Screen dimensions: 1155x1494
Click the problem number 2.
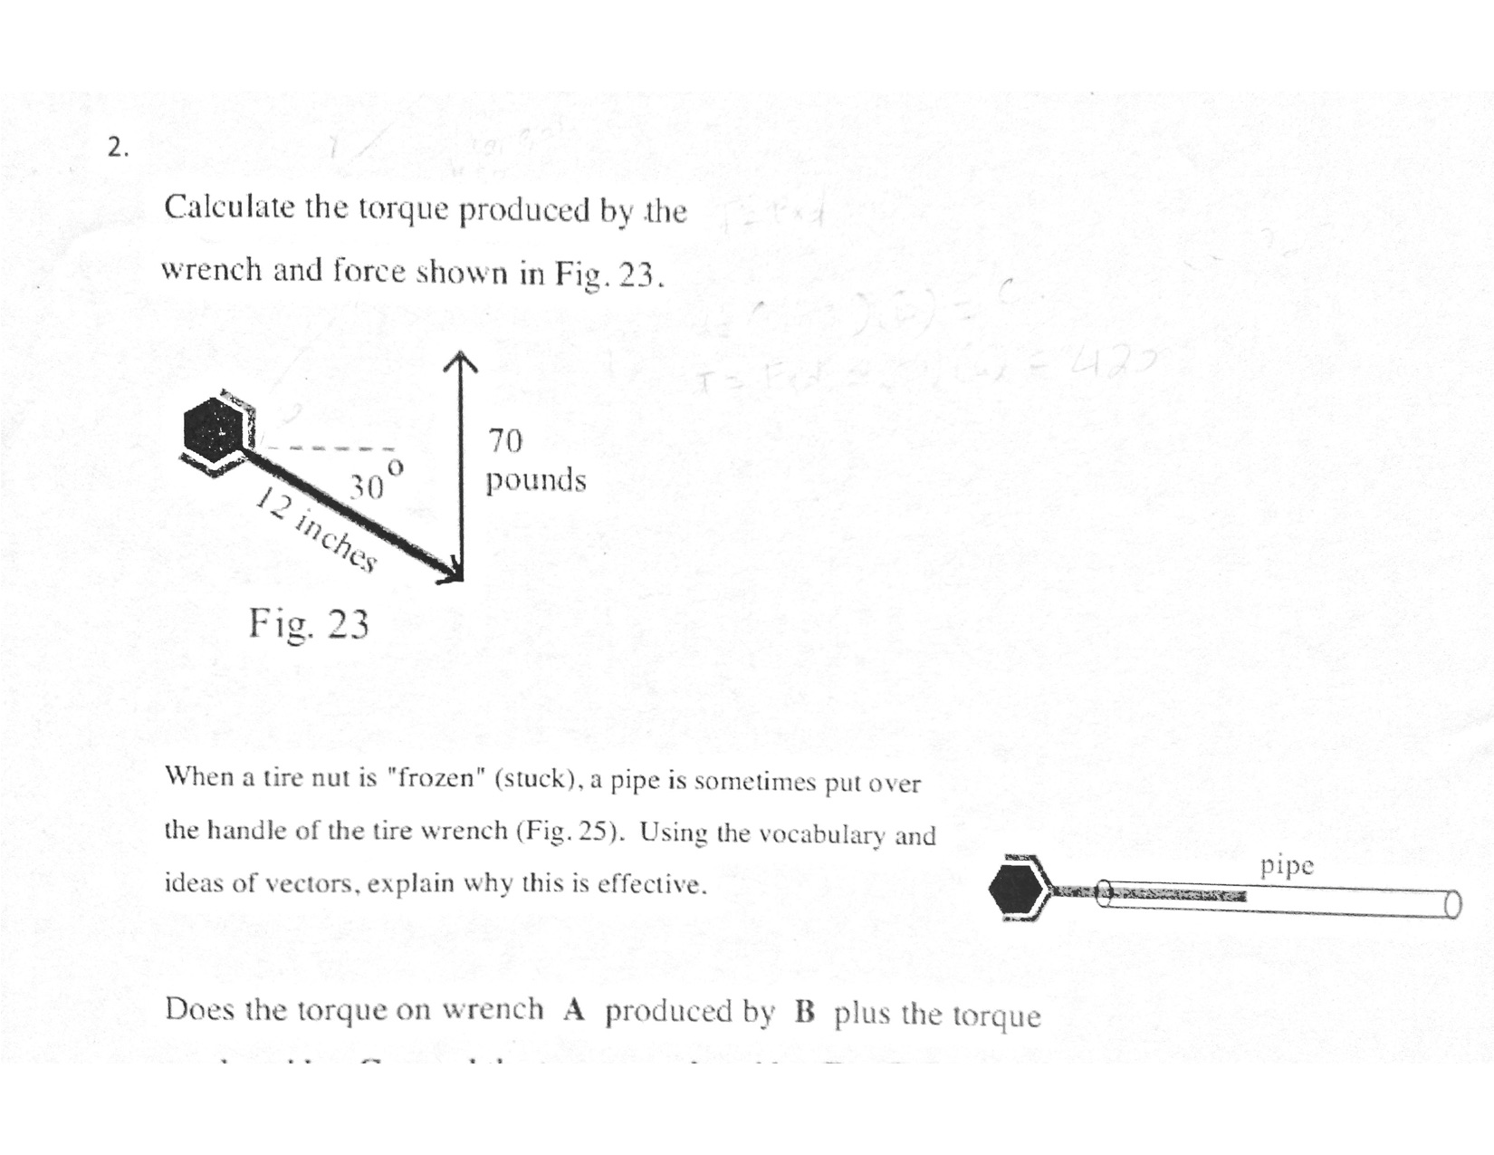coord(117,147)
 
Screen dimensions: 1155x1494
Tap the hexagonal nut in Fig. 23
coord(214,428)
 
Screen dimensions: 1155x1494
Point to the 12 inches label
coord(316,529)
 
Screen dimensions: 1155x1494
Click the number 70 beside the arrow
coord(505,441)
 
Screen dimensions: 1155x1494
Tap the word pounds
coord(536,479)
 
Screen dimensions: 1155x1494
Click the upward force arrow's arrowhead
coord(461,361)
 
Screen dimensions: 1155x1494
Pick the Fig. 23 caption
coord(309,624)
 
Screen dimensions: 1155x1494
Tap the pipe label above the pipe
coord(1287,866)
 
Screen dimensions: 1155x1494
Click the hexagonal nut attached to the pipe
coord(1015,888)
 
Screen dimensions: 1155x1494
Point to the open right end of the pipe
coord(1452,904)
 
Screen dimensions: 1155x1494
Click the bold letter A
coord(574,1010)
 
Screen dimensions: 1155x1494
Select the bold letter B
coord(805,1012)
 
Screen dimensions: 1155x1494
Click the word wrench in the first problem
coord(211,270)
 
